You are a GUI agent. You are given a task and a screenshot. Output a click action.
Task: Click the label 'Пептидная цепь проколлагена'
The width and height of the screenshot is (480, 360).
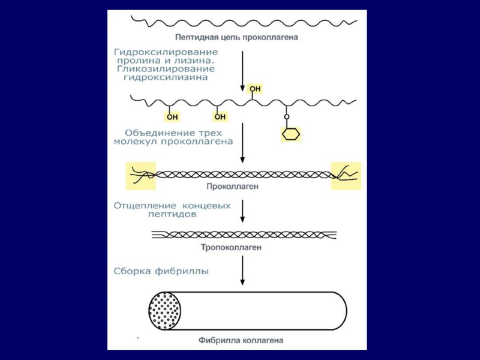coord(245,37)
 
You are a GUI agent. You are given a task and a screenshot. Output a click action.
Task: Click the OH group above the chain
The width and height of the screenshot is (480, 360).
coord(255,89)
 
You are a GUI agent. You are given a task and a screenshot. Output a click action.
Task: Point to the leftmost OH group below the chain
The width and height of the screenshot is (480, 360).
coord(172,116)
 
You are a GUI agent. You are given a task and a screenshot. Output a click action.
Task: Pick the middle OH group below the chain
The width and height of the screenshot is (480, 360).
coord(220,116)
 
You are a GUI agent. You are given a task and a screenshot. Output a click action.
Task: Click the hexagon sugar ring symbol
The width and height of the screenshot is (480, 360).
coord(290,134)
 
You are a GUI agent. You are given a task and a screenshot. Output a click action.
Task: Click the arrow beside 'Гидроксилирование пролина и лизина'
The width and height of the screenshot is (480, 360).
coord(242,71)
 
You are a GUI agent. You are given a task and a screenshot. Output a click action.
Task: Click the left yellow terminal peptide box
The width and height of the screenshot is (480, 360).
coord(140,176)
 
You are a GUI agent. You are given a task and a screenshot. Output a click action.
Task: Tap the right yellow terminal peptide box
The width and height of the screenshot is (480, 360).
coord(346,176)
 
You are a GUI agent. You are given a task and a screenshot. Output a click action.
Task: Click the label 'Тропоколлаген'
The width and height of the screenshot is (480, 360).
coord(239,247)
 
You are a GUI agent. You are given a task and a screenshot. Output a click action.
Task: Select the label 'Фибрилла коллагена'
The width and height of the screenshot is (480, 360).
coord(241,340)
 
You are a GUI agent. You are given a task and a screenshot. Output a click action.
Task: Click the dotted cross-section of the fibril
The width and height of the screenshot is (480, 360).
coord(166,311)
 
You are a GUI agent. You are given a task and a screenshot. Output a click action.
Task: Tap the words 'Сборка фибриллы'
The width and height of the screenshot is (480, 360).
coord(161,271)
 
